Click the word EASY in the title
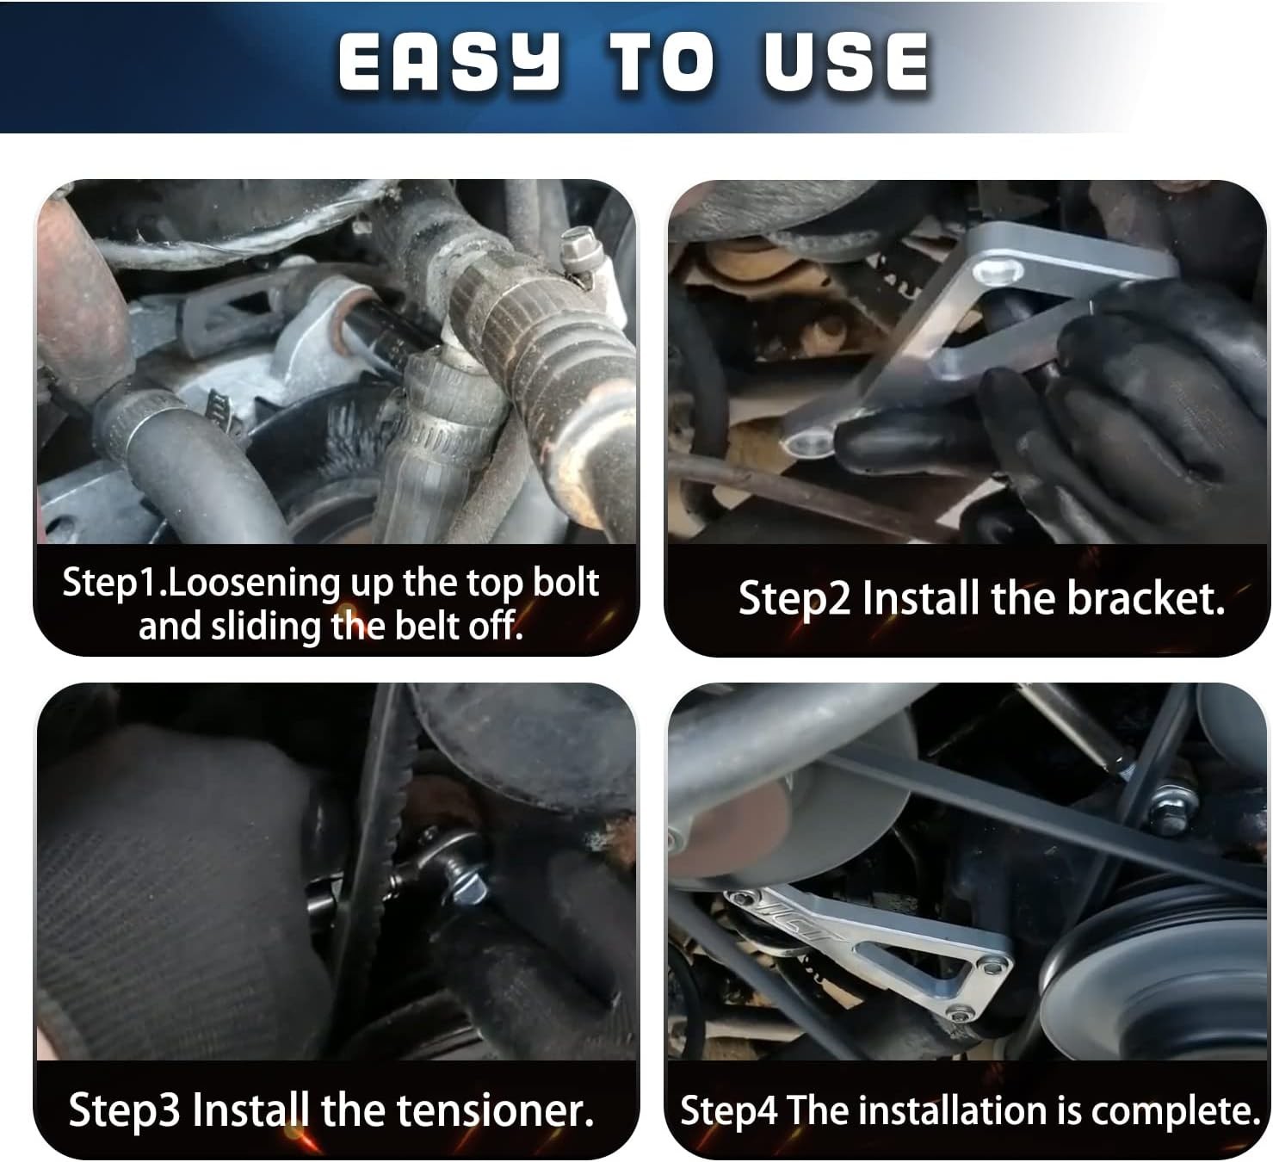point(449,62)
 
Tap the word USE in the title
point(847,62)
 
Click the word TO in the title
point(662,62)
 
